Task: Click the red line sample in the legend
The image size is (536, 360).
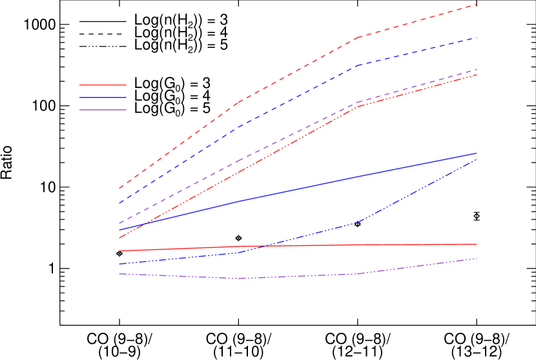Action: coord(103,85)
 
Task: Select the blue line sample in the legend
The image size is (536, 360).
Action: coord(103,98)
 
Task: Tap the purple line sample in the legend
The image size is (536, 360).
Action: coord(103,110)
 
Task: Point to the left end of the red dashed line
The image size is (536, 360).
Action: coord(119,188)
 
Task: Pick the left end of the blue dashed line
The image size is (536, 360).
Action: coord(119,204)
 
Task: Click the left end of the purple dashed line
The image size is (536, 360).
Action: coord(119,224)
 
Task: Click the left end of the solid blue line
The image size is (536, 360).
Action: coord(119,230)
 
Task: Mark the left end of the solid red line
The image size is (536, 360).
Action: coord(119,251)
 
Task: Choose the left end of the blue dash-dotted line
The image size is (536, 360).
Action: coord(119,264)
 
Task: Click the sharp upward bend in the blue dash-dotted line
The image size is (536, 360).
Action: coord(358,222)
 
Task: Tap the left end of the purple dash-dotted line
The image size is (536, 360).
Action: coord(119,273)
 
